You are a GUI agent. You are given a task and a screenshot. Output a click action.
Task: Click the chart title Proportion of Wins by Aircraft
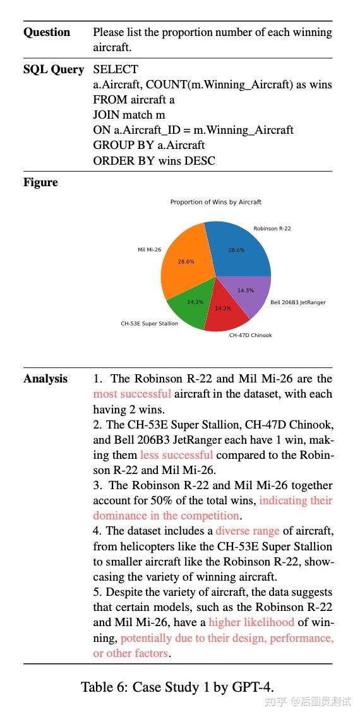(x=215, y=202)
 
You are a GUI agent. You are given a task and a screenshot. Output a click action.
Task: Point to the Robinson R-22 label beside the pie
(x=272, y=228)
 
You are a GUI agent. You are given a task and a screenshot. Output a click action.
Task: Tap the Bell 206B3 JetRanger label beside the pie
(x=297, y=302)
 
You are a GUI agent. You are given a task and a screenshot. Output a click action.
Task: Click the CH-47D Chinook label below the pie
(x=250, y=335)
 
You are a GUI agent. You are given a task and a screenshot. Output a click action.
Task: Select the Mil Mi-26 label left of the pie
(x=149, y=249)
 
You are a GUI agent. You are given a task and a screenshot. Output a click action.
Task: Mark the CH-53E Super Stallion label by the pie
(x=149, y=323)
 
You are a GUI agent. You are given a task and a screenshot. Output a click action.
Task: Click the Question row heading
(x=47, y=32)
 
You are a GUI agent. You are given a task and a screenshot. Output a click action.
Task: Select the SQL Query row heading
(x=53, y=69)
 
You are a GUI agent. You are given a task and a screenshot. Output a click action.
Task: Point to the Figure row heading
(x=40, y=182)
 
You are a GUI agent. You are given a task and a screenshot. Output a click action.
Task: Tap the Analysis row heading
(x=45, y=379)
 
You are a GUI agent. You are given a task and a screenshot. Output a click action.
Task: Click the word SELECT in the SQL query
(x=115, y=69)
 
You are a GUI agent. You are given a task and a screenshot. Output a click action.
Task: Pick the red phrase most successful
(x=132, y=394)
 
